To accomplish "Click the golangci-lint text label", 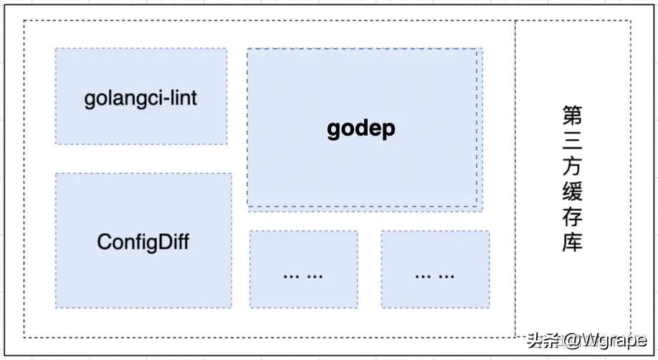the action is tap(140, 99).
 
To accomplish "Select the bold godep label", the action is tap(361, 129).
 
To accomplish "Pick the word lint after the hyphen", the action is tap(183, 98).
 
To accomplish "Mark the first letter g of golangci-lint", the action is tap(90, 101).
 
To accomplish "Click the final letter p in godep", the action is tap(389, 131).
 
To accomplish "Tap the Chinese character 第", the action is tap(573, 115).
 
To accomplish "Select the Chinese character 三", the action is tap(573, 141).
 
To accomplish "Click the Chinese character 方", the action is tap(573, 166).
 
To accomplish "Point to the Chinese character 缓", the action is tap(573, 191).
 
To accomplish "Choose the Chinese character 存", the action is tap(573, 217).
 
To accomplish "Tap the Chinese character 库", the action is tap(573, 242).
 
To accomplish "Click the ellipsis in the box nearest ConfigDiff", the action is tap(303, 276).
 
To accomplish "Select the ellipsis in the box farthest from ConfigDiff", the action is tap(434, 276).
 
